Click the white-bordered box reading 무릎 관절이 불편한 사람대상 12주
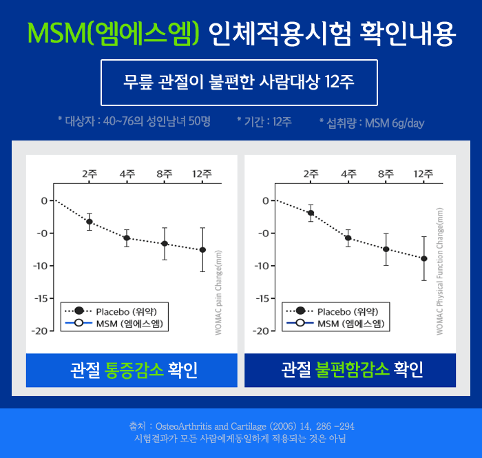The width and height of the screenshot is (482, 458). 239,83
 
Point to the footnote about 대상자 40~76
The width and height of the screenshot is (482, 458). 134,121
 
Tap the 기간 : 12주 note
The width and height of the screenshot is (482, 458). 264,122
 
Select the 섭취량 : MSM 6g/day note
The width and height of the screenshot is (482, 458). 372,123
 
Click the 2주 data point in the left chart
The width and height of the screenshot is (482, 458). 90,221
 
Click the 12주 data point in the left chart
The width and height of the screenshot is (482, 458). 202,249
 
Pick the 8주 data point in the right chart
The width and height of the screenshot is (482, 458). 386,249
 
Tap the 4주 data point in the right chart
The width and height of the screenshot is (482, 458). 348,238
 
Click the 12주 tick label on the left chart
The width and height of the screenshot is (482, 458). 202,174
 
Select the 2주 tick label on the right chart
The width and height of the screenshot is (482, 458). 311,174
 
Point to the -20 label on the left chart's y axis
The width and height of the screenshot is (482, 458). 41,331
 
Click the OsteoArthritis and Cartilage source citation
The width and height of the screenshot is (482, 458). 241,426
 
